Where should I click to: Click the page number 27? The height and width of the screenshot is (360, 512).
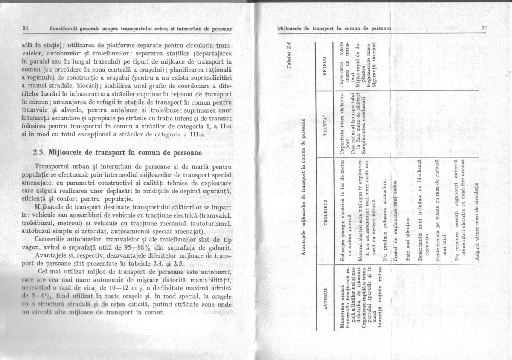coord(484,28)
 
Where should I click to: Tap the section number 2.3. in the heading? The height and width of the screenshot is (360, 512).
coord(40,152)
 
